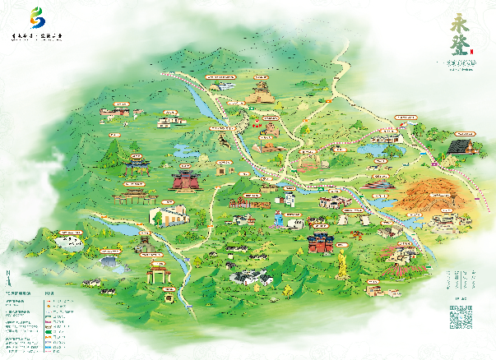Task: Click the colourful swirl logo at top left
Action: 38,16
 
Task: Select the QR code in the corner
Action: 461,316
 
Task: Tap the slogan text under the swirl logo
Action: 38,37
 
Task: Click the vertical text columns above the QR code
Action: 461,279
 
